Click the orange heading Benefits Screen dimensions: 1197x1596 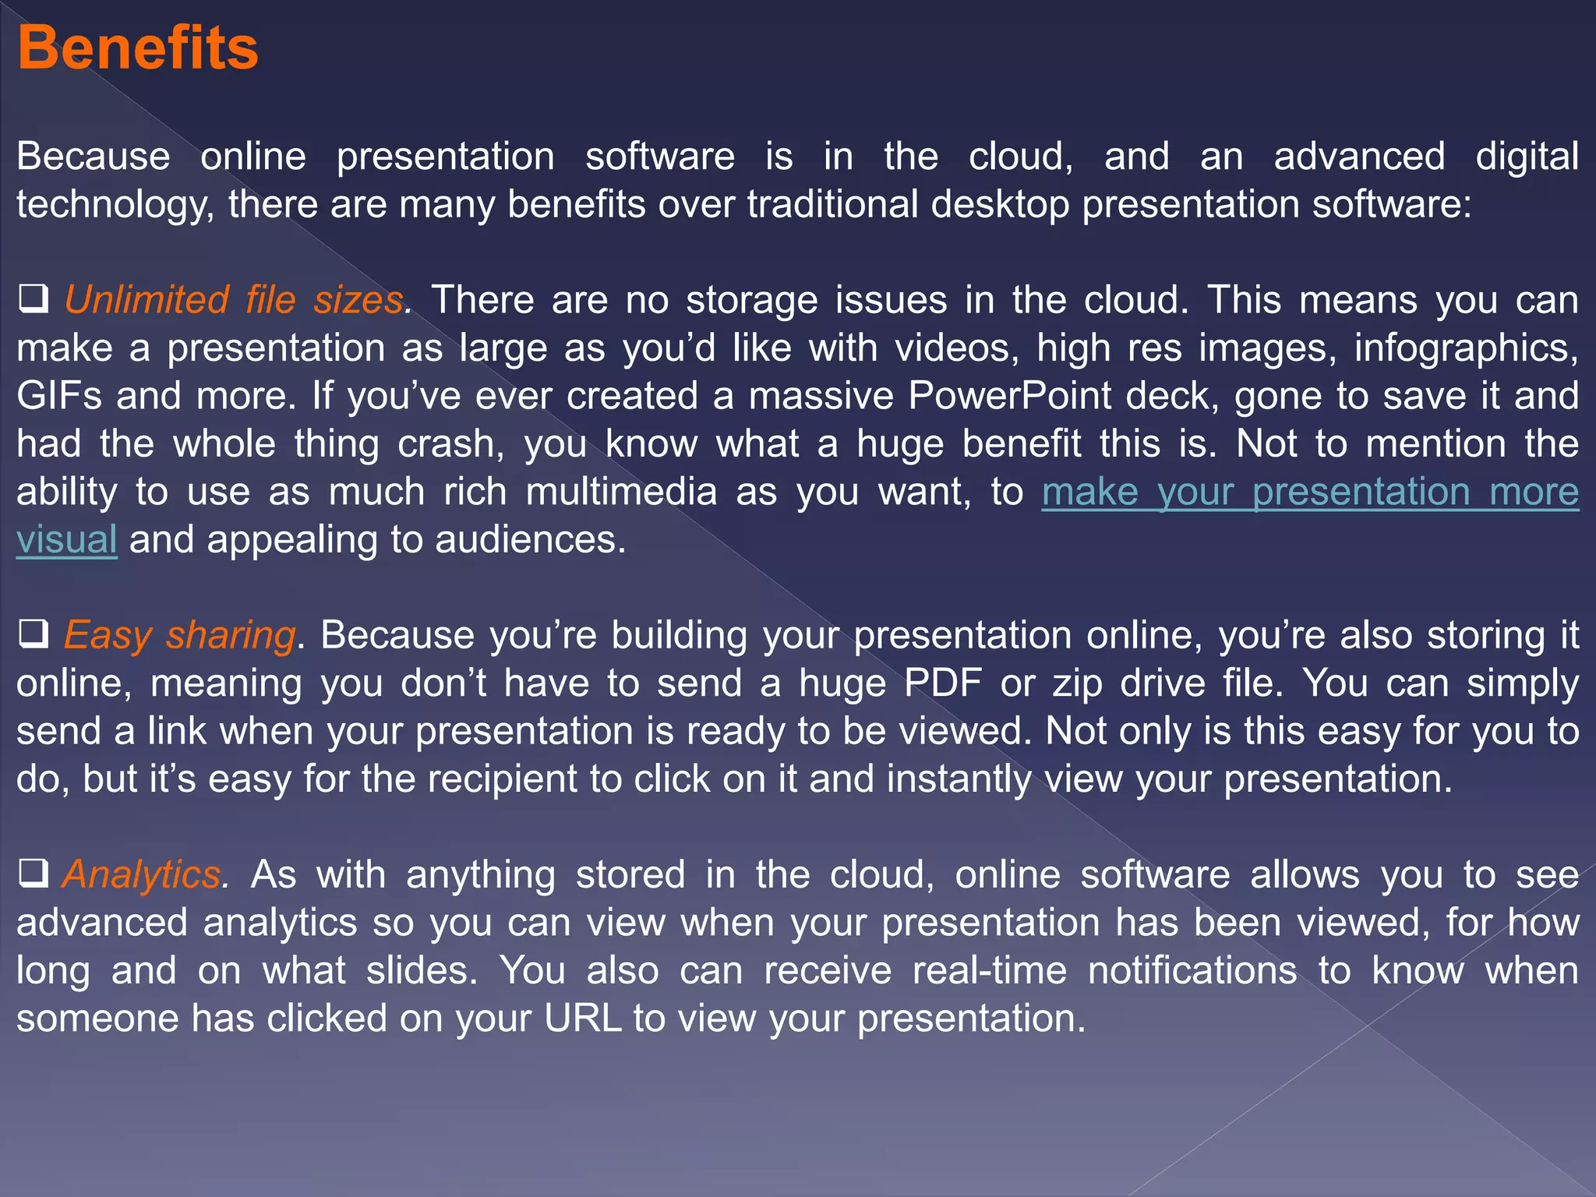click(137, 48)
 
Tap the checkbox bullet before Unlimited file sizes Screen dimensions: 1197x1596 click(34, 299)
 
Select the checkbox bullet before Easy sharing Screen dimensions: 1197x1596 click(34, 634)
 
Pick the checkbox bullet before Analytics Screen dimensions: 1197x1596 click(34, 874)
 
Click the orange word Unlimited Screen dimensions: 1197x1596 click(147, 300)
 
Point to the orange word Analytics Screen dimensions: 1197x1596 click(142, 874)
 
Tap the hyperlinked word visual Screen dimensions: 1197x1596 click(67, 539)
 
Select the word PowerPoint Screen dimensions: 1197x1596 click(1009, 396)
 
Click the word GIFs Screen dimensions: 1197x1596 click(59, 396)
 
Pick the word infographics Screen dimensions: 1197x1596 click(1465, 348)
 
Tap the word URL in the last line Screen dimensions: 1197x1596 click(583, 1019)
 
